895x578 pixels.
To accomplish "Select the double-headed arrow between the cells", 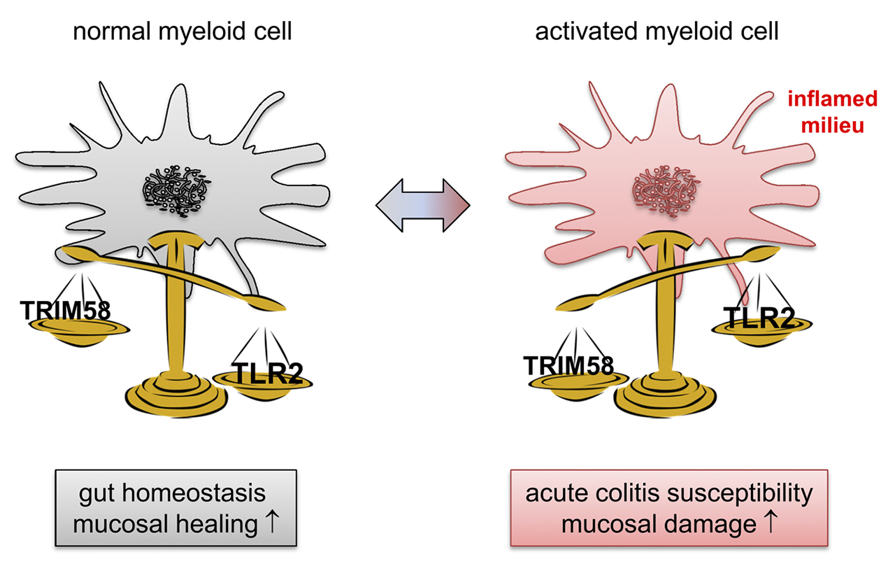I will coord(422,205).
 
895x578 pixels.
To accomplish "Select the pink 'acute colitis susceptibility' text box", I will coord(669,508).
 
